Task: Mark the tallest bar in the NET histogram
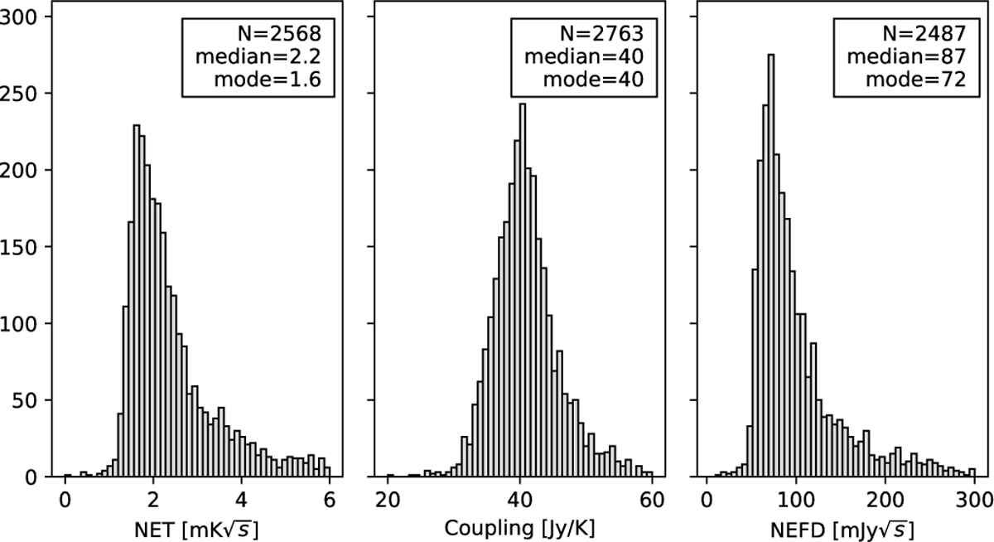pyautogui.click(x=136, y=302)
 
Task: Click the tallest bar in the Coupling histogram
pyautogui.click(x=522, y=290)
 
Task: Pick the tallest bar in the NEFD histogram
pyautogui.click(x=771, y=265)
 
